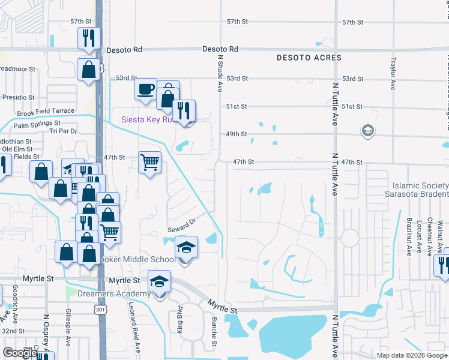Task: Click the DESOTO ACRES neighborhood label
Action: (309, 58)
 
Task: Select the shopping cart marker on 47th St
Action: (149, 161)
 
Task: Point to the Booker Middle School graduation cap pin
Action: (186, 248)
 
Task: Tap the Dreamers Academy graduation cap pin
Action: (159, 282)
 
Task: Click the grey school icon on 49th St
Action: (367, 130)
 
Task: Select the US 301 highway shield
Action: (100, 307)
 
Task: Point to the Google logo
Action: (19, 353)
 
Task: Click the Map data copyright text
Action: (411, 355)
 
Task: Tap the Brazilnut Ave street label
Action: (408, 236)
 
